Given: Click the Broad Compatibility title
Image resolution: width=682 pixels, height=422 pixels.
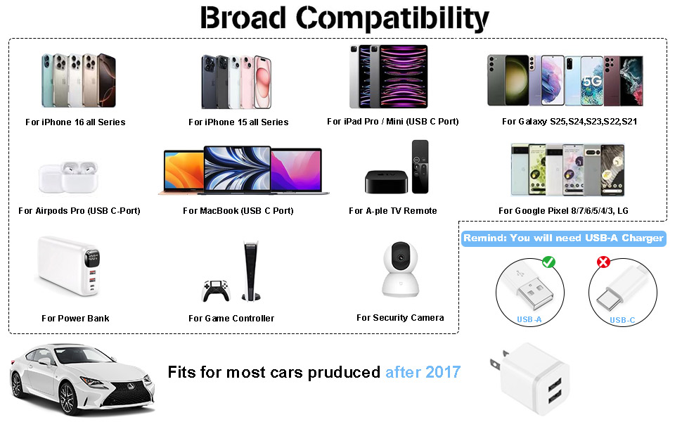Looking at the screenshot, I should pyautogui.click(x=344, y=18).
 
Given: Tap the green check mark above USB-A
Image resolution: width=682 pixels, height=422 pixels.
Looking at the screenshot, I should pyautogui.click(x=549, y=262).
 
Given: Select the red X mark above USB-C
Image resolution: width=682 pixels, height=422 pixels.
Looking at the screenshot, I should pyautogui.click(x=602, y=262).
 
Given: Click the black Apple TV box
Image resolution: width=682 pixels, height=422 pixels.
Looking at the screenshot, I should pyautogui.click(x=385, y=181).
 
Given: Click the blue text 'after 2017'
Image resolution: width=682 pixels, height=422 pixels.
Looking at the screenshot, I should pyautogui.click(x=423, y=372).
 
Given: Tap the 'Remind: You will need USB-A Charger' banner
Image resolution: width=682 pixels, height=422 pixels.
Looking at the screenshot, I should pyautogui.click(x=562, y=238).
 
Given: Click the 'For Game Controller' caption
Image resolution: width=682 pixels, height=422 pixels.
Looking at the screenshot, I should pyautogui.click(x=231, y=319).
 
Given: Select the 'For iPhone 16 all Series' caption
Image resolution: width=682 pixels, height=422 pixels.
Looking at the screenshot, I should pyautogui.click(x=75, y=122).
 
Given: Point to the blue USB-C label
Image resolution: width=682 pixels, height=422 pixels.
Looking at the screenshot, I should pyautogui.click(x=622, y=320).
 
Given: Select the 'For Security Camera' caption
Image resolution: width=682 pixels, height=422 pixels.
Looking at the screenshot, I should pyautogui.click(x=400, y=318).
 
